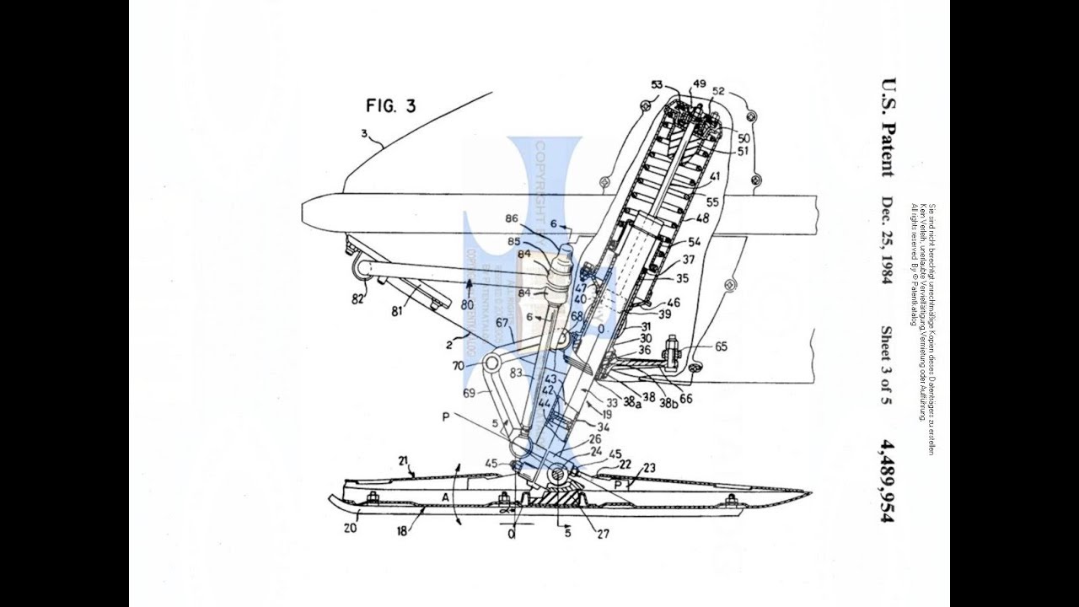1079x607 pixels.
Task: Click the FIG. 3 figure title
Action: (390, 106)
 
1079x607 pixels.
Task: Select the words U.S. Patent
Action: (887, 127)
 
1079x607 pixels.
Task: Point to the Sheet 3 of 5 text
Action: (887, 365)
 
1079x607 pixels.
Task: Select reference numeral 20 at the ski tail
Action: (349, 528)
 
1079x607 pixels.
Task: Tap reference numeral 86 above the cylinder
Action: (512, 218)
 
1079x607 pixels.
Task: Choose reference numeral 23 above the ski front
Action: (649, 468)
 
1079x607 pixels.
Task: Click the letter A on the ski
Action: (444, 497)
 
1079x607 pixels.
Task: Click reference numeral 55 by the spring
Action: (713, 203)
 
